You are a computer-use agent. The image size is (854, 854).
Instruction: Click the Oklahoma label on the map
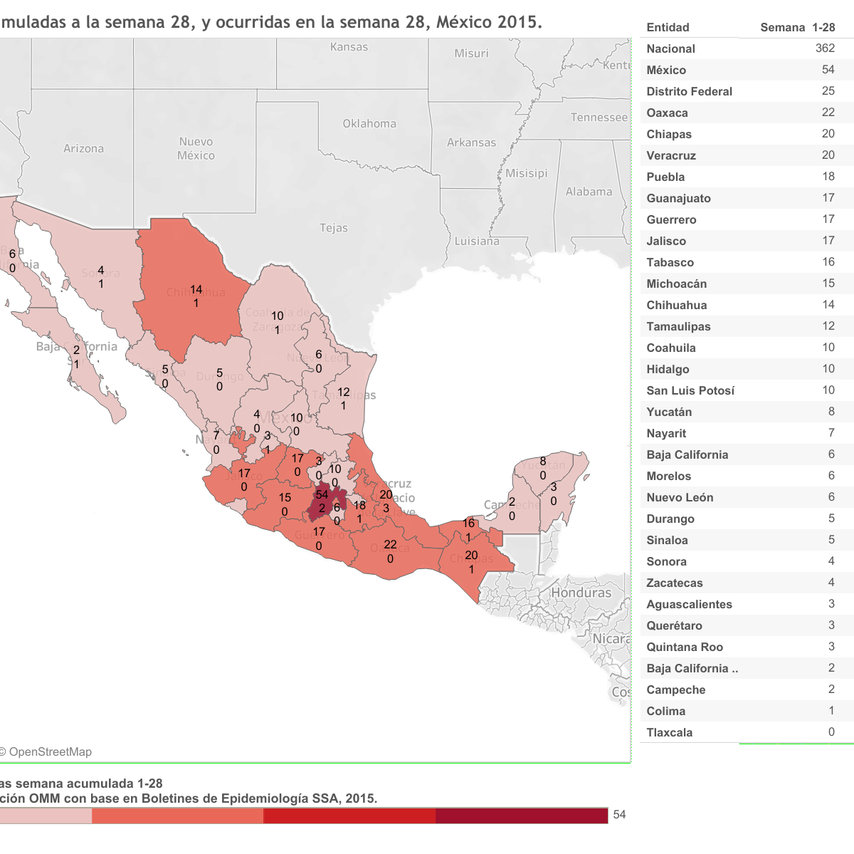click(x=369, y=124)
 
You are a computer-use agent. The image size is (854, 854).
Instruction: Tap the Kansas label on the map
click(x=349, y=47)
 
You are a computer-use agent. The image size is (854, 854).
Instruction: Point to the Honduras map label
click(x=581, y=593)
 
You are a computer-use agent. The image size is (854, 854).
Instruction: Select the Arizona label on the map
click(x=83, y=149)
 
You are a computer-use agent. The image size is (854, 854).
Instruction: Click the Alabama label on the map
click(x=589, y=192)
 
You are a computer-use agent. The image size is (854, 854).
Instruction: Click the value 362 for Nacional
click(x=825, y=48)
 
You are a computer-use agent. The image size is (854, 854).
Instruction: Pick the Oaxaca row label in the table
click(x=667, y=113)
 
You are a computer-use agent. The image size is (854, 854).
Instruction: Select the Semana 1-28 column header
click(x=797, y=27)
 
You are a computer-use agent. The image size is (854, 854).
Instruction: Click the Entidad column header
click(x=668, y=27)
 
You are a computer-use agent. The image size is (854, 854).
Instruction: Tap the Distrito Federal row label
click(x=689, y=91)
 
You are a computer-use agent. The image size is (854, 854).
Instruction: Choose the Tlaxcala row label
click(x=669, y=732)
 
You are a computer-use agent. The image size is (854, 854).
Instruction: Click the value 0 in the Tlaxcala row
click(x=831, y=732)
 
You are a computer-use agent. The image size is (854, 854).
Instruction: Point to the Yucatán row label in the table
click(x=669, y=412)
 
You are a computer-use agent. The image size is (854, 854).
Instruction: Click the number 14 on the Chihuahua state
click(x=196, y=290)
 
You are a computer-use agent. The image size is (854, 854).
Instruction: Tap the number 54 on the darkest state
click(x=322, y=495)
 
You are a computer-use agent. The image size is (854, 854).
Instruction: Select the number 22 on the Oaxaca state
click(x=390, y=545)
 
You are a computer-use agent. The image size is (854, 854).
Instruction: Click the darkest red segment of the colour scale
click(x=522, y=816)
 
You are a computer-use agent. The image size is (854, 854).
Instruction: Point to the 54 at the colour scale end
click(x=619, y=815)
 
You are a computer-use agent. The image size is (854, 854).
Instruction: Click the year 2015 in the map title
click(x=517, y=22)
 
